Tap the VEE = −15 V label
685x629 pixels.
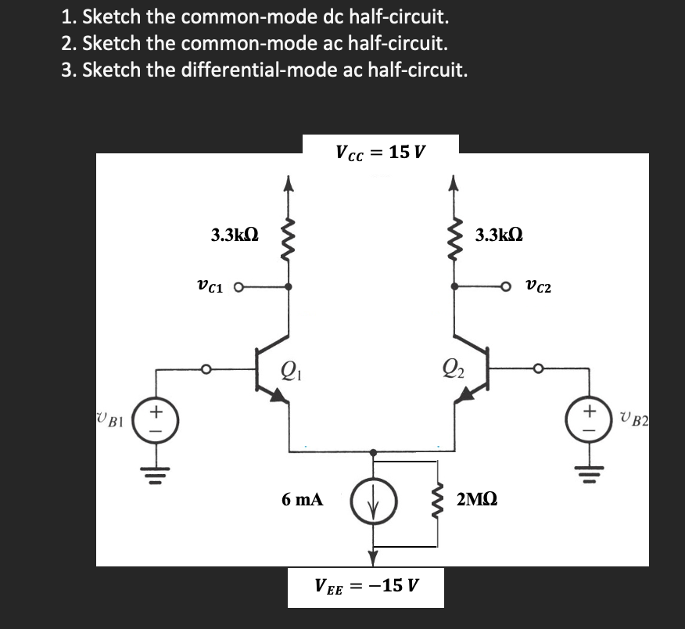click(366, 584)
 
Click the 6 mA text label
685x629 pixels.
click(302, 499)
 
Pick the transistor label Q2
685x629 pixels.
click(453, 366)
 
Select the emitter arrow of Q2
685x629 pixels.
click(466, 396)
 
